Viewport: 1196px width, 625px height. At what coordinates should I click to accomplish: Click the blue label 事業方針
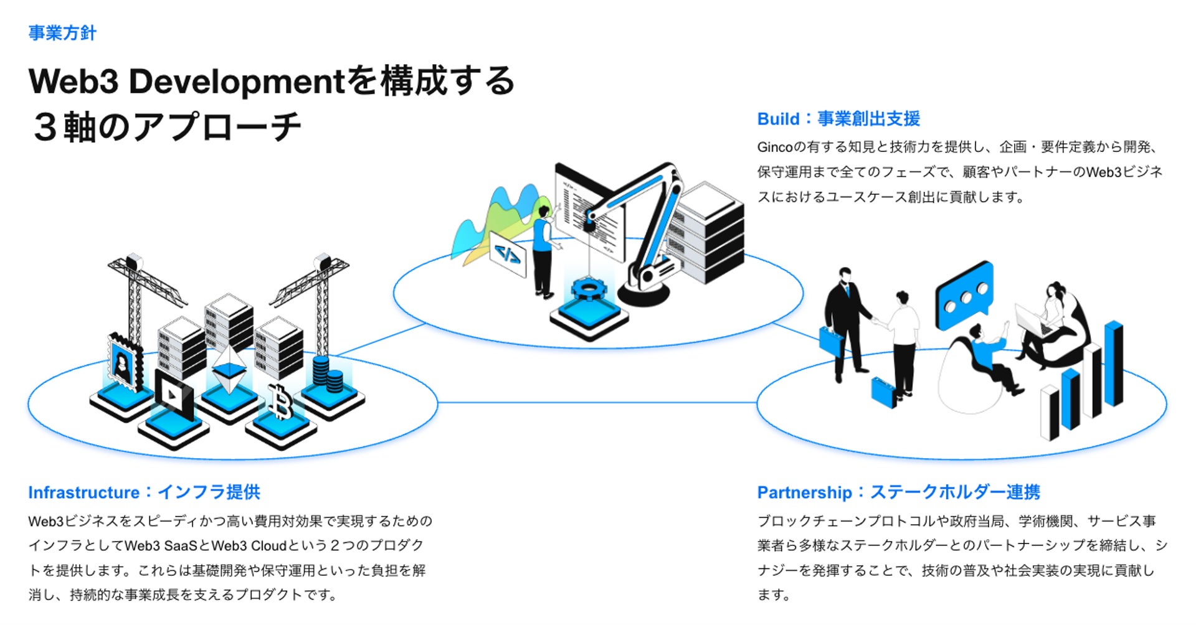[62, 33]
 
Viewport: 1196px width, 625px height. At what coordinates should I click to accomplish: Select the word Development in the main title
[236, 82]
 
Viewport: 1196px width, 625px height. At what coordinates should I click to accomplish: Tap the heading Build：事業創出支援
[838, 119]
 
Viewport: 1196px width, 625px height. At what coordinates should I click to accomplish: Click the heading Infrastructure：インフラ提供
[144, 492]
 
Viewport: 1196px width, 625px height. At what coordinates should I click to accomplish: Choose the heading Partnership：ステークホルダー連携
[898, 492]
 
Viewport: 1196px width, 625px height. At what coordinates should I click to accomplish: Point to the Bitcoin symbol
[281, 402]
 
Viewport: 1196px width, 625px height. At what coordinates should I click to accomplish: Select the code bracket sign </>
[508, 253]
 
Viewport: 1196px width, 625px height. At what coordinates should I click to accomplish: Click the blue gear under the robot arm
[588, 289]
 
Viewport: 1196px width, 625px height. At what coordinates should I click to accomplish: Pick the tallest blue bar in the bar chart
[1114, 364]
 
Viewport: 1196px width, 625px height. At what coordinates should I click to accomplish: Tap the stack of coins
[327, 374]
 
